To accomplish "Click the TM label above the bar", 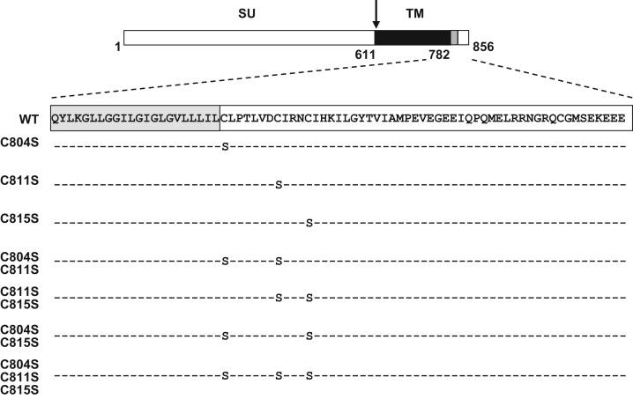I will (x=413, y=16).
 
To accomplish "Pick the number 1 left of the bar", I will (x=117, y=47).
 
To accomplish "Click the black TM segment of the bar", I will (x=413, y=37).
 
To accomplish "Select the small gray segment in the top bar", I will (x=454, y=37).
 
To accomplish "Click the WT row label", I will (x=29, y=119).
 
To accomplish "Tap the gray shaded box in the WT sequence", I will (x=135, y=118).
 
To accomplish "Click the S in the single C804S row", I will (x=225, y=144).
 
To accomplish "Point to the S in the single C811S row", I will (x=279, y=184).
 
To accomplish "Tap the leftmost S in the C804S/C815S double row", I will (x=225, y=336).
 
